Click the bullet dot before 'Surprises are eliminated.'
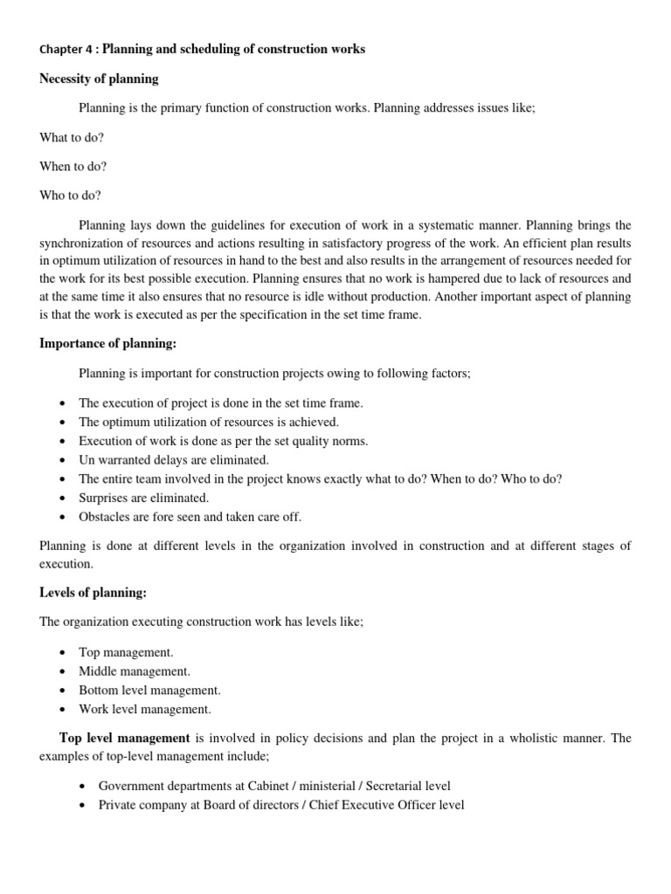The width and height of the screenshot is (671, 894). [62, 499]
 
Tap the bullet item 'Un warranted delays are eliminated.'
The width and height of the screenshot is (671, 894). [174, 460]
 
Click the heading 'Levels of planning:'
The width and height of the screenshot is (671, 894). [93, 593]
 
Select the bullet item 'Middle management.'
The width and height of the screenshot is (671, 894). [134, 671]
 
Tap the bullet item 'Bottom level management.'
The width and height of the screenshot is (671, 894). [149, 691]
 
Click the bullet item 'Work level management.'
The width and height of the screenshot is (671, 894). [144, 710]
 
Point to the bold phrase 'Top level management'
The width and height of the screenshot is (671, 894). [124, 739]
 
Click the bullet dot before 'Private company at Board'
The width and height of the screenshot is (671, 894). [81, 806]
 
